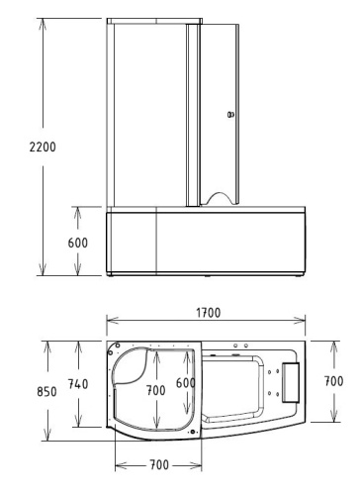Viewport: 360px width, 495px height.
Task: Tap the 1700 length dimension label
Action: [x=208, y=313]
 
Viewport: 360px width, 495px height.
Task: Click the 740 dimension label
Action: [x=77, y=383]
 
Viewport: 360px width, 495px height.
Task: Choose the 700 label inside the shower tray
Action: [x=155, y=391]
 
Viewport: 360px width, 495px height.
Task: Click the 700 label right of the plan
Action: [x=334, y=380]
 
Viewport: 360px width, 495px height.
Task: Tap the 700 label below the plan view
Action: [x=158, y=465]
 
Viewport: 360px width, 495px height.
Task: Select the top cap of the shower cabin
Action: [x=154, y=21]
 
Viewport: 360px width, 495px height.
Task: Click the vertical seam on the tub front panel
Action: [x=158, y=242]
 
